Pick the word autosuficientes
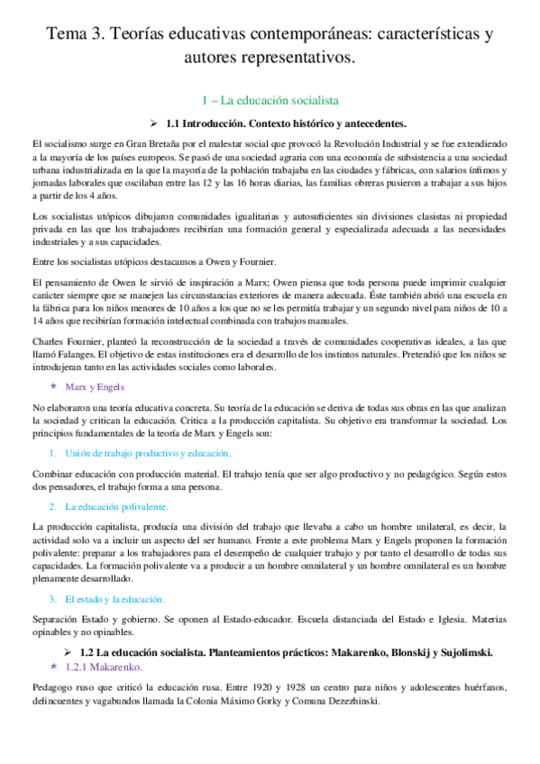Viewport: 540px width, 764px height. [x=277, y=218]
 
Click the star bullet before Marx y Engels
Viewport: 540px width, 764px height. [x=53, y=386]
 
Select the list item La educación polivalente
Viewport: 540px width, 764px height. [x=115, y=506]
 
